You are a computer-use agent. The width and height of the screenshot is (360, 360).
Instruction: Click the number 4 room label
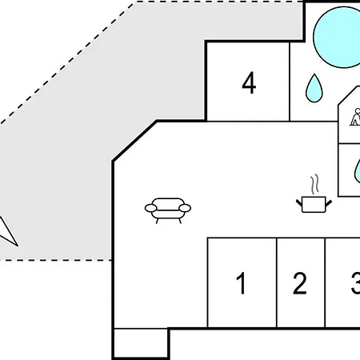(x=249, y=82)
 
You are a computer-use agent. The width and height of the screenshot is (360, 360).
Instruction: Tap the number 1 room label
(x=241, y=283)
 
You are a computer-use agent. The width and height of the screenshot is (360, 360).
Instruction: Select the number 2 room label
(x=300, y=283)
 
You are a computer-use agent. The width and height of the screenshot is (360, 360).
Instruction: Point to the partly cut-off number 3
(x=356, y=283)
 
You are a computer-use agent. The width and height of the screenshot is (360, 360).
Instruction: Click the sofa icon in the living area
(x=168, y=210)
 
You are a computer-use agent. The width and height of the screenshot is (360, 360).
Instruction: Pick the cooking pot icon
(x=314, y=205)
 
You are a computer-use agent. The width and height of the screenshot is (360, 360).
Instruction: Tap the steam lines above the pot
(x=315, y=184)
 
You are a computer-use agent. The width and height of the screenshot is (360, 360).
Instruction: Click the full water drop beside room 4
(x=314, y=89)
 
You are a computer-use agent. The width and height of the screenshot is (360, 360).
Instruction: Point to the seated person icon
(x=355, y=117)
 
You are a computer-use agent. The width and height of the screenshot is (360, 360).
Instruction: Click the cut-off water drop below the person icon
(x=358, y=172)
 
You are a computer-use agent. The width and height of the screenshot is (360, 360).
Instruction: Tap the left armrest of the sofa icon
(x=150, y=208)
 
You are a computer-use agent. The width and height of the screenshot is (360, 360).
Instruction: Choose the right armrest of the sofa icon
(x=185, y=208)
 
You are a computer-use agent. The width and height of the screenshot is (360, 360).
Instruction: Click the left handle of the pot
(x=299, y=203)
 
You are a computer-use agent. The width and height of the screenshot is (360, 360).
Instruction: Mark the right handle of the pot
(x=329, y=203)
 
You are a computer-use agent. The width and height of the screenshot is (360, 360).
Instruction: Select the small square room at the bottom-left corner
(x=141, y=342)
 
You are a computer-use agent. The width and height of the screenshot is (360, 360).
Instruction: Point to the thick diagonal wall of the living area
(x=135, y=141)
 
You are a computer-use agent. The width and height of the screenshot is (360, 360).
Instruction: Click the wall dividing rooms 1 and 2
(x=277, y=282)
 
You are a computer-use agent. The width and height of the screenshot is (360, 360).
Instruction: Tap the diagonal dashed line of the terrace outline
(x=67, y=63)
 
